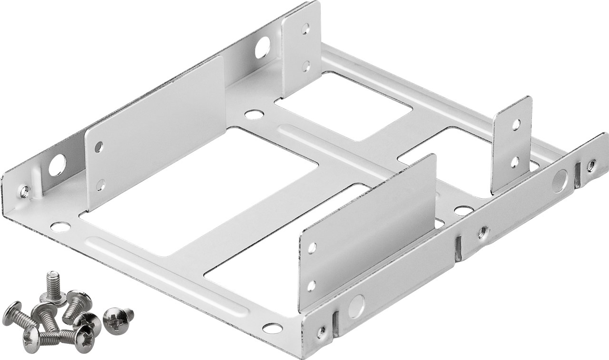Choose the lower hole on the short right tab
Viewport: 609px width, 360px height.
point(514,162)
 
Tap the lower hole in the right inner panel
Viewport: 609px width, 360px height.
point(311,285)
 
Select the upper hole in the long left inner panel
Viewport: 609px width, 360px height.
point(98,146)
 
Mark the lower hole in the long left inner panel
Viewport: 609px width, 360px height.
point(100,185)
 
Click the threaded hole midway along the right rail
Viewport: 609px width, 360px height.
point(483,232)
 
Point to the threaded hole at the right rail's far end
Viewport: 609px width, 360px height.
point(591,165)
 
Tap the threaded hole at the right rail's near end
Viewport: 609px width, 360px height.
point(322,331)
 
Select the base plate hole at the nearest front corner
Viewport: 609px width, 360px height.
point(272,328)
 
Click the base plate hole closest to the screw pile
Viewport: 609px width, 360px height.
point(60,227)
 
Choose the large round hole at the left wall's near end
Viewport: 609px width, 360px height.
point(57,165)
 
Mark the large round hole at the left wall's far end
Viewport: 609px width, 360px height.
point(262,48)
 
